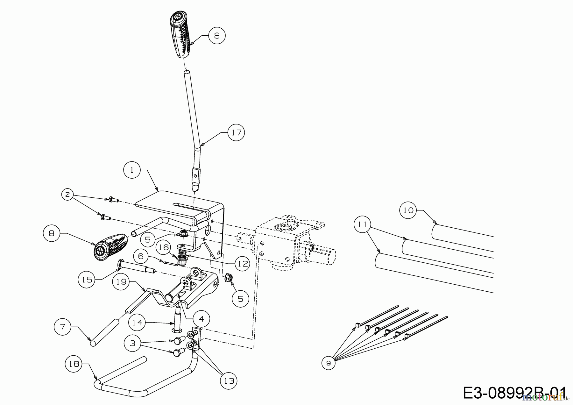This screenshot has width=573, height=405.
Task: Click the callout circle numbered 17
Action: point(236,132)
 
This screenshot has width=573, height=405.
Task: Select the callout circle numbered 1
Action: point(132,170)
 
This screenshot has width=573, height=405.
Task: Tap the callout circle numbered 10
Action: point(408,210)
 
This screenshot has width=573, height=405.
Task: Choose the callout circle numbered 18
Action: point(74,364)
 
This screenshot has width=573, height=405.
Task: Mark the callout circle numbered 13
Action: point(229,380)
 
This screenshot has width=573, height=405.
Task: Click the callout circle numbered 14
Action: point(137,322)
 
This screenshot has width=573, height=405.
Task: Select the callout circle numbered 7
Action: point(62,327)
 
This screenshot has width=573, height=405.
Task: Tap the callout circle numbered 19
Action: point(121,281)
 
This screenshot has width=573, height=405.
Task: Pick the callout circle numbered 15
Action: point(87,280)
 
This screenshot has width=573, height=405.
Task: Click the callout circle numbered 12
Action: point(243,263)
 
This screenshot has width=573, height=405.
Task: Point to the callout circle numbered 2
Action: point(67,194)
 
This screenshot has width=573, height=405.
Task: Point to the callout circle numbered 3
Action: point(133,343)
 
